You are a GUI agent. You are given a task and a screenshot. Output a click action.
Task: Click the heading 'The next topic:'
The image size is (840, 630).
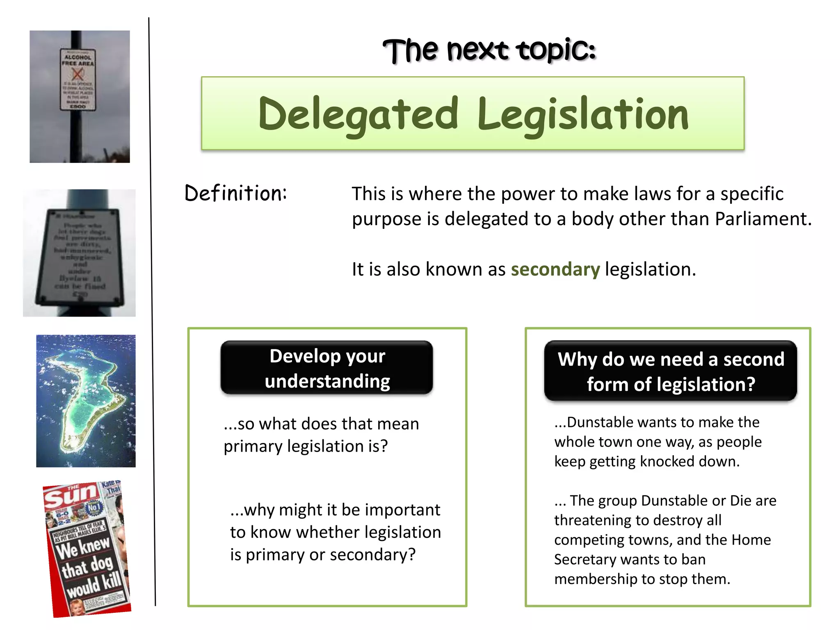(489, 50)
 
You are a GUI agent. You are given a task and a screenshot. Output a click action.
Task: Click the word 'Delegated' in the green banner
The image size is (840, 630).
(358, 114)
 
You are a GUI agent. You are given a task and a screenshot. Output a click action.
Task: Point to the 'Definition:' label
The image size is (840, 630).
(235, 193)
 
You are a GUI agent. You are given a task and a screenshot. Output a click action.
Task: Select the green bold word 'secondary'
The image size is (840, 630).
(555, 269)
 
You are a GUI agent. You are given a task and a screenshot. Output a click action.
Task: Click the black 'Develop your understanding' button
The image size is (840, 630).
(327, 368)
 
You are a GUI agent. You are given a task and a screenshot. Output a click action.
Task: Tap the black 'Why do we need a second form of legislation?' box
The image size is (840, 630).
(671, 371)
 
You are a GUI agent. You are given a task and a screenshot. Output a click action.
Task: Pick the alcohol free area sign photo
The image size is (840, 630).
(80, 96)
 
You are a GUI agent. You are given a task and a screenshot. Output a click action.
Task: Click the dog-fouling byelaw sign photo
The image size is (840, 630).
(79, 253)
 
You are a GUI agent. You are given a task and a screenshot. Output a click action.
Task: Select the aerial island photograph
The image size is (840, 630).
(86, 401)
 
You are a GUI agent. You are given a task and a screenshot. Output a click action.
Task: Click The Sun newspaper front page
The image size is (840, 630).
(87, 549)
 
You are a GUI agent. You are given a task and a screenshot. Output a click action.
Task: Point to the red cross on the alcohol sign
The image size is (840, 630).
(78, 75)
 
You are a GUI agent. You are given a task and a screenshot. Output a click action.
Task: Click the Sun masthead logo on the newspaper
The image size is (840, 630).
(71, 496)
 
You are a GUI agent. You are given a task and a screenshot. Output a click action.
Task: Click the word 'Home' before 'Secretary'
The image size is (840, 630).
(753, 540)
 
